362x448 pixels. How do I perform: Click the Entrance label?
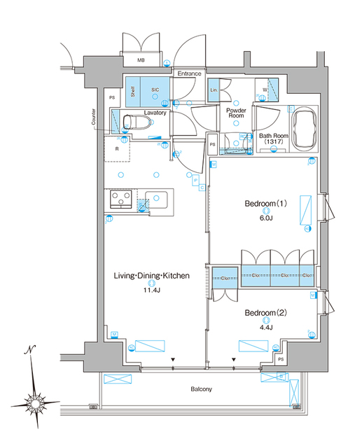pyautogui.click(x=188, y=73)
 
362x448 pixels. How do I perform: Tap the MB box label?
pyautogui.click(x=141, y=61)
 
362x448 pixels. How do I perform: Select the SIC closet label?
pyautogui.click(x=155, y=90)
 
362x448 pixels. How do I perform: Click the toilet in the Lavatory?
pyautogui.click(x=137, y=122)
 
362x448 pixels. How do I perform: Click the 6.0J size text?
pyautogui.click(x=266, y=218)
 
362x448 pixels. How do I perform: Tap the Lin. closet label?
pyautogui.click(x=214, y=90)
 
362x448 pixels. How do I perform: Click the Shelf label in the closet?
pyautogui.click(x=131, y=90)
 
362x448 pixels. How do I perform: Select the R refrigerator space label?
pyautogui.click(x=118, y=148)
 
